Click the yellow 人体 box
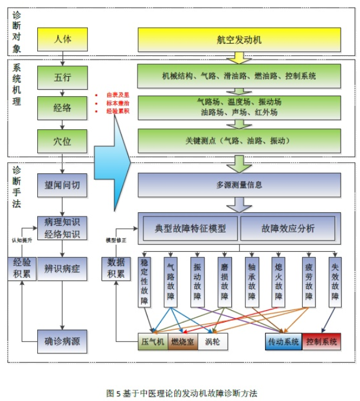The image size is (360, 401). (62, 40)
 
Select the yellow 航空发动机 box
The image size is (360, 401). (239, 40)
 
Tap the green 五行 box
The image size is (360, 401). (62, 76)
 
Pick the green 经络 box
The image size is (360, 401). (62, 108)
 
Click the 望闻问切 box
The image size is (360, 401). (62, 185)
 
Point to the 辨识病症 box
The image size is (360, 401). (62, 268)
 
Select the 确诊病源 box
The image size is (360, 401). (62, 341)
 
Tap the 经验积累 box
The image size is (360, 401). (21, 268)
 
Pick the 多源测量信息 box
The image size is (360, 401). (239, 185)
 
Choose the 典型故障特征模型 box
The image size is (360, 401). (190, 228)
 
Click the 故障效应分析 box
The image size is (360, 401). (287, 228)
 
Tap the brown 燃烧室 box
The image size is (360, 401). (182, 341)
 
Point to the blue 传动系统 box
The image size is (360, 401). (283, 341)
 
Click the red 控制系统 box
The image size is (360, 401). (322, 341)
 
